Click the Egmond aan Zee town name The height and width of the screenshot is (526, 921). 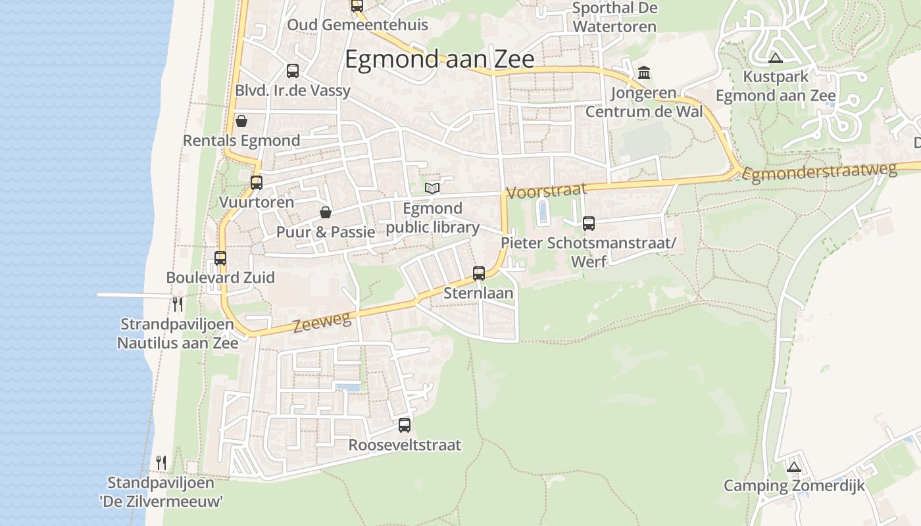coord(439,59)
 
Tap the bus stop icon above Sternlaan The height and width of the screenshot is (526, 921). coord(479,273)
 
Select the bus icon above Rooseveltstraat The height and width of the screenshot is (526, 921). coord(405,425)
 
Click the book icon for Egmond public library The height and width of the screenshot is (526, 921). coord(432,189)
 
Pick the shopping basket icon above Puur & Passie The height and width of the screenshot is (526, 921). coord(325,212)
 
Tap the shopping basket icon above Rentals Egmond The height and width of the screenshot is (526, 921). coord(241,121)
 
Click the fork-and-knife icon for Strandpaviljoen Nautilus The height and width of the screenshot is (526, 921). coord(177,304)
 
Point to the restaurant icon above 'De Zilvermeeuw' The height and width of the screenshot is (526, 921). coord(161,463)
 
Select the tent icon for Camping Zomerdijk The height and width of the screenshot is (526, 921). coord(794,467)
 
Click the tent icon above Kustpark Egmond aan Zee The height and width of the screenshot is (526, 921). coord(775,58)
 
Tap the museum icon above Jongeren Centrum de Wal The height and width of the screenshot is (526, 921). coord(644,72)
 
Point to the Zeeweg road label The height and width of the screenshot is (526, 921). coord(322,323)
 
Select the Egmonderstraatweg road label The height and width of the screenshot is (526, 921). coord(819,172)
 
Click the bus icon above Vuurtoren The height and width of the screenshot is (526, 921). coord(257,183)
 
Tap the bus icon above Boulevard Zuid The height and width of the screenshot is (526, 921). coord(220,258)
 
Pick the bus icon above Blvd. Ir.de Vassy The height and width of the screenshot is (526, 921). coord(293,71)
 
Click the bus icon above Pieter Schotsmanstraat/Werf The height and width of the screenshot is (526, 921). coord(589,224)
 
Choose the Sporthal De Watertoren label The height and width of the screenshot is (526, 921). coord(614,18)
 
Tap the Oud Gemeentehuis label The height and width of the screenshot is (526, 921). coord(357,25)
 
